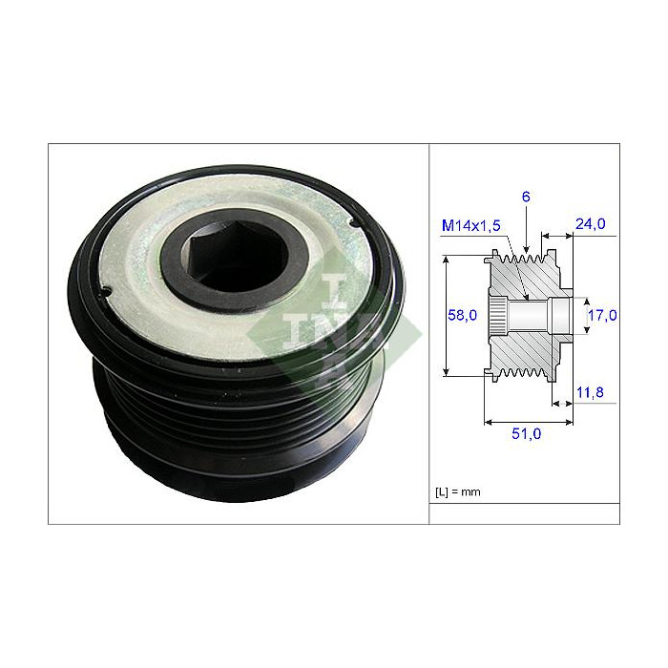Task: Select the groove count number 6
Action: point(525,197)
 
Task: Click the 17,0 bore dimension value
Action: point(602,314)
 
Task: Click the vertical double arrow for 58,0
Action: point(446,315)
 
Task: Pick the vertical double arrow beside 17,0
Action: point(584,314)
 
